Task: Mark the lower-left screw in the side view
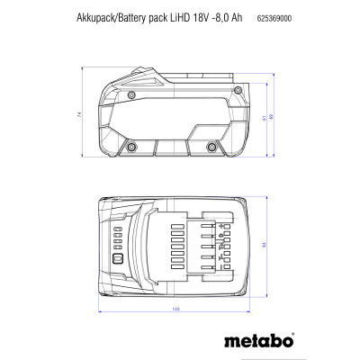[131, 147]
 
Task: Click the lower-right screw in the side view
[212, 147]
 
